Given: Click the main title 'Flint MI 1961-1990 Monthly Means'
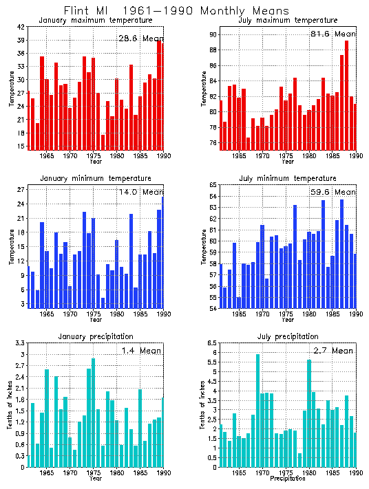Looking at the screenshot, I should pyautogui.click(x=176, y=11).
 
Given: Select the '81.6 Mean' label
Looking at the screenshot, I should pyautogui.click(x=333, y=34).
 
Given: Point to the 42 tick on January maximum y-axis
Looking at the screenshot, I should pyautogui.click(x=21, y=27).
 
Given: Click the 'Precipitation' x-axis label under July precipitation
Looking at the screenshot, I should pyautogui.click(x=288, y=479).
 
